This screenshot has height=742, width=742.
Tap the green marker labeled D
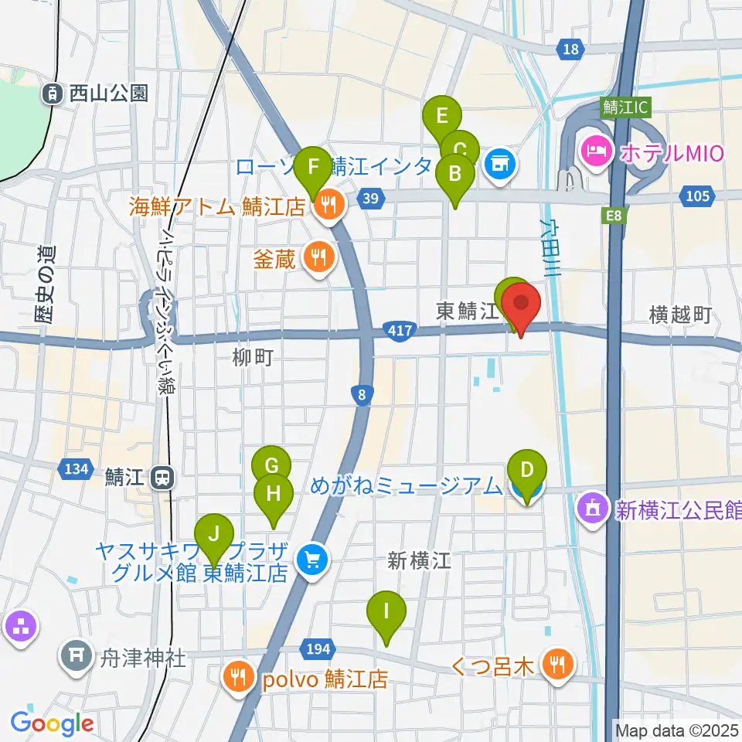[x=527, y=471]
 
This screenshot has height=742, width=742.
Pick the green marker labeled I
[x=386, y=612]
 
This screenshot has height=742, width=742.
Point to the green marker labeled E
[x=442, y=118]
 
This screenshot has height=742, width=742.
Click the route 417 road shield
[x=400, y=332]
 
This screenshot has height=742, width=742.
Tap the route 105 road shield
[x=698, y=196]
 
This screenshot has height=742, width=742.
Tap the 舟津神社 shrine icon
[x=77, y=655]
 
